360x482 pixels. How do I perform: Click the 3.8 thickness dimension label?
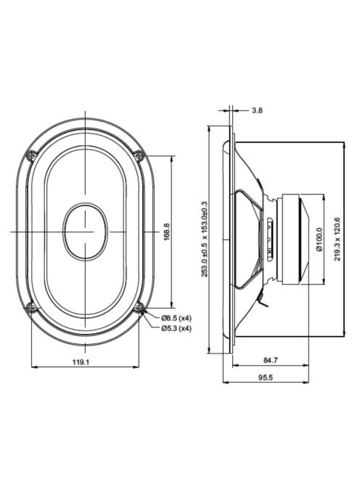tap(257, 111)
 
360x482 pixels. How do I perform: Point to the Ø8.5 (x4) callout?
tap(176, 318)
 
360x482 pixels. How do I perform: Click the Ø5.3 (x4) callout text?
tap(176, 328)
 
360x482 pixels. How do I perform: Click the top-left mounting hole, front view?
tap(30, 155)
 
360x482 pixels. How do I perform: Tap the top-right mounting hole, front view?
tap(140, 155)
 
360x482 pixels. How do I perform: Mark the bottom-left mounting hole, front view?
tap(30, 308)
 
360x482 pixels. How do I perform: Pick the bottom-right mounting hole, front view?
tap(140, 308)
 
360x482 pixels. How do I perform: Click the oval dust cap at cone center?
tap(86, 231)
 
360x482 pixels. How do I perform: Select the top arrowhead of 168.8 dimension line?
tap(171, 158)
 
